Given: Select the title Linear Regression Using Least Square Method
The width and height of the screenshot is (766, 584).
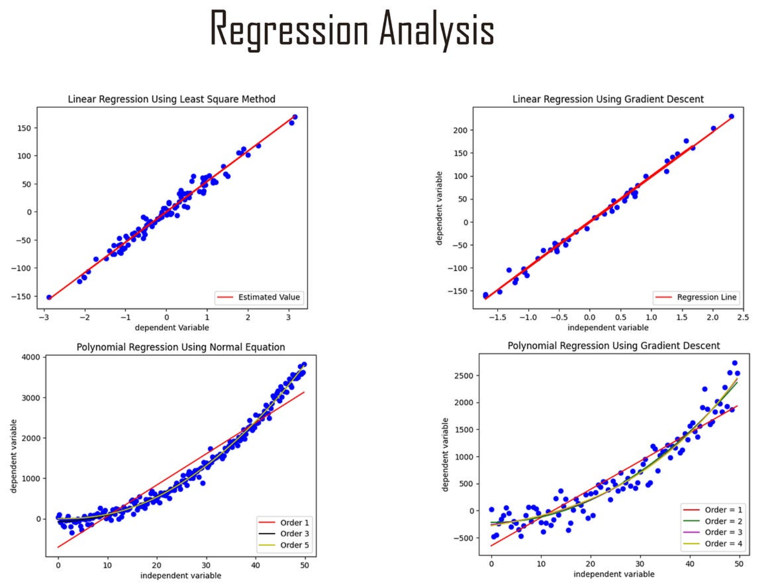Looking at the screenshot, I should (171, 99).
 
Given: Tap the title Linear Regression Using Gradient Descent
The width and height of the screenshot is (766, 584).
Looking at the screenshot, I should (608, 99).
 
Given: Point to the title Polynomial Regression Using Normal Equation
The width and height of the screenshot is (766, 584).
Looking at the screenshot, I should (181, 347).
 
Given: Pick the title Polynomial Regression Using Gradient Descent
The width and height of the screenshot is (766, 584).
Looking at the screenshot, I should (614, 346).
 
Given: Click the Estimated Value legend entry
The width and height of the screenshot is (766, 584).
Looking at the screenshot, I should (268, 297).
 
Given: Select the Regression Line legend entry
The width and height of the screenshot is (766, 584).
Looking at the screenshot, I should (706, 297).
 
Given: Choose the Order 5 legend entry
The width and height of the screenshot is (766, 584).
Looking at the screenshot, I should (294, 545).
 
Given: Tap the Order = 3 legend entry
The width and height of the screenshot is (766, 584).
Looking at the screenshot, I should (723, 532).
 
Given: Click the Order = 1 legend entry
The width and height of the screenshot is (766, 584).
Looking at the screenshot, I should (723, 510).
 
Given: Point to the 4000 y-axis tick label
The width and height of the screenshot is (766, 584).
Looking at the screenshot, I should (32, 357).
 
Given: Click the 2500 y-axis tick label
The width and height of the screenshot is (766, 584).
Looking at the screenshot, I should (464, 376).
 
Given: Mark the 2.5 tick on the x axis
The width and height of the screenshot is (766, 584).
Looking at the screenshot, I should (743, 317).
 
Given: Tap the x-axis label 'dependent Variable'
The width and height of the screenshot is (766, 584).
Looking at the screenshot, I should (172, 328).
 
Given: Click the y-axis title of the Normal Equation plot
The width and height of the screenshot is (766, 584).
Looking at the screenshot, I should (14, 456).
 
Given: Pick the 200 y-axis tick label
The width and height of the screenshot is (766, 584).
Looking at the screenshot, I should (460, 130).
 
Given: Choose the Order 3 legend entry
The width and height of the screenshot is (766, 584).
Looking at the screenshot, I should (294, 534).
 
